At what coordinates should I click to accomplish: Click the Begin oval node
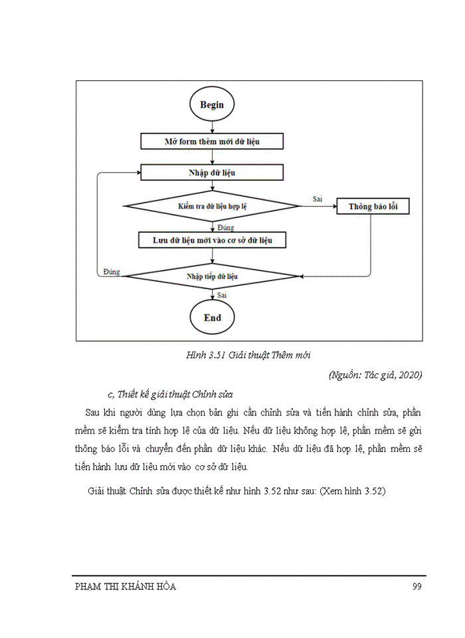pos(212,105)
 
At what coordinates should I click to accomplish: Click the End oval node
pos(212,318)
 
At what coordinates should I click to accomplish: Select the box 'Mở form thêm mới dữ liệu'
pos(212,142)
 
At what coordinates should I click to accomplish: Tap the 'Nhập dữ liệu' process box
pos(212,173)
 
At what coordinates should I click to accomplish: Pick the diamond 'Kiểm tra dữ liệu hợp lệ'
pos(212,207)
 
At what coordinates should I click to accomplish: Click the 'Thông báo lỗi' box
pos(371,207)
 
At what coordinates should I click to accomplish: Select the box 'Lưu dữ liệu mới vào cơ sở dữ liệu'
pos(212,240)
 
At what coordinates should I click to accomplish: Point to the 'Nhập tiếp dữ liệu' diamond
pos(212,275)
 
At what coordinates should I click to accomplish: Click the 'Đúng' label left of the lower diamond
pos(112,272)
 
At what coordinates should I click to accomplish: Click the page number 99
pos(417,586)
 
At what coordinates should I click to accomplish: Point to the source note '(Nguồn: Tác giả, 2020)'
pos(375,375)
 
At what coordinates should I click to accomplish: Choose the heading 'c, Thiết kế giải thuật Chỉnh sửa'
pos(169,394)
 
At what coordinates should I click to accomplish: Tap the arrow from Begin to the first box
pos(212,126)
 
